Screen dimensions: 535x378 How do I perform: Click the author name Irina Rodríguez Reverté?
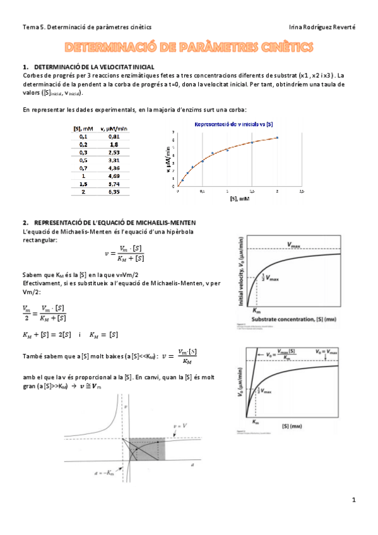(x=322, y=27)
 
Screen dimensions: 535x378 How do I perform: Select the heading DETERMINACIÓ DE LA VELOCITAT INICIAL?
(x=94, y=67)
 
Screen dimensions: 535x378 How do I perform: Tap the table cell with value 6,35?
(x=114, y=192)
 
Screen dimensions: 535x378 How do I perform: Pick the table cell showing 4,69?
(x=114, y=176)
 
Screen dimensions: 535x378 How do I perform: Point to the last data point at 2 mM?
(x=276, y=138)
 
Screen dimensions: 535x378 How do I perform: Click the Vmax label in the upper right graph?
(x=294, y=244)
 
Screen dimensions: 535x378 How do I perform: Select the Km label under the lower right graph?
(x=255, y=421)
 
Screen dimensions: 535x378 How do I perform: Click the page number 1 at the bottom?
(x=354, y=500)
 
